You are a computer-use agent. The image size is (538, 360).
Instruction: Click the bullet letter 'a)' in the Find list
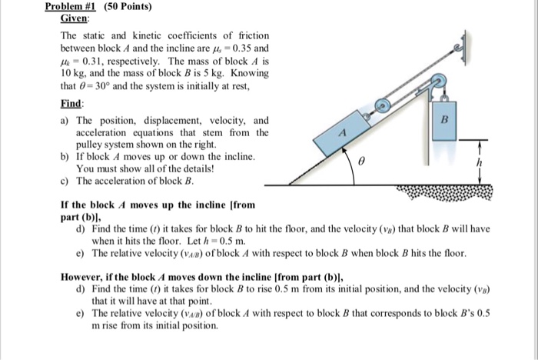[65, 120]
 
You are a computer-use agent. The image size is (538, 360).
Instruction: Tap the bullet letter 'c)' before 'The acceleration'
[65, 181]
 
